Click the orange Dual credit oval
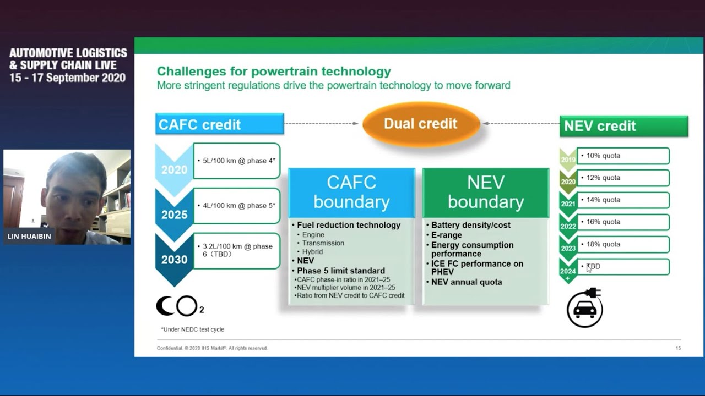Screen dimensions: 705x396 [421, 124]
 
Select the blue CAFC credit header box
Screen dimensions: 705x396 [220, 124]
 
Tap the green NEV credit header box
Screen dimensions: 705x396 [624, 126]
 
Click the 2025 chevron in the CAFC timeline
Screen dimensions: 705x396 [174, 215]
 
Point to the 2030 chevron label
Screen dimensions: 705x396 [174, 260]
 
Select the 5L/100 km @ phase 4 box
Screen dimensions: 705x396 [237, 161]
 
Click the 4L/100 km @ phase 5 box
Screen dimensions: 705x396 [237, 206]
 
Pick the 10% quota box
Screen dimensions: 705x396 [623, 156]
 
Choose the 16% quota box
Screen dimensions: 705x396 [623, 222]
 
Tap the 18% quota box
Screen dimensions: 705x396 [623, 245]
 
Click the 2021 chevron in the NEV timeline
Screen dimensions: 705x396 [568, 204]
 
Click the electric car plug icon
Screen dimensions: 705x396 [585, 307]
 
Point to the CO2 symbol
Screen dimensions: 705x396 [180, 306]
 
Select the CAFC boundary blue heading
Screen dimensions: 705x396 [351, 193]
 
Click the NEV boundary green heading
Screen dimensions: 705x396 [486, 193]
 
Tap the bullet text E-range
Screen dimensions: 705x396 [446, 235]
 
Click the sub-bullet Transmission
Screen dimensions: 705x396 [323, 243]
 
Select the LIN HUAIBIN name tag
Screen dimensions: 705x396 [29, 237]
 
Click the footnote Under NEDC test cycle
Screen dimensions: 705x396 [193, 329]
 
